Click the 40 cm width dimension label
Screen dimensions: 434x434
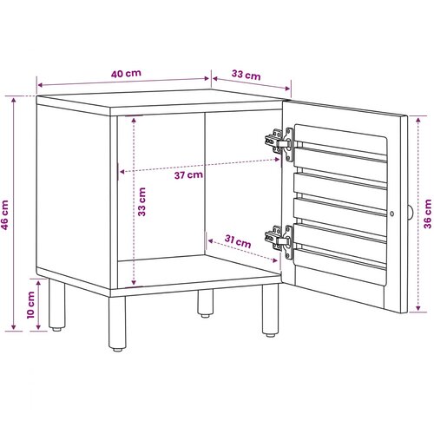pos(126,74)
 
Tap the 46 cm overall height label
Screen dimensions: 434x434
pos(4,215)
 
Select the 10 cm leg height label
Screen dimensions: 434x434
pos(30,305)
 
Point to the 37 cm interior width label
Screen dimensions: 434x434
pos(188,175)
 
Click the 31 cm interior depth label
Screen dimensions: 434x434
pos(238,241)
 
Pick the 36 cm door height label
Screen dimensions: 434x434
pos(427,214)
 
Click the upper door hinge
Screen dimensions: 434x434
pos(279,144)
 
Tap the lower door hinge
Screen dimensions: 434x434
pos(279,241)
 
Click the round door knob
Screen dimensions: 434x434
pos(411,214)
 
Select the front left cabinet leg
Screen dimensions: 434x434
pos(117,324)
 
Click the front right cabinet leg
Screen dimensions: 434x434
pos(270,310)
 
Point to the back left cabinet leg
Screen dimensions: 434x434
pos(56,305)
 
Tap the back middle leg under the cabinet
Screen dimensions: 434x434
pos(206,303)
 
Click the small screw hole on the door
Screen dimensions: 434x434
pos(391,214)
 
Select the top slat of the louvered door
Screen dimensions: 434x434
pos(340,164)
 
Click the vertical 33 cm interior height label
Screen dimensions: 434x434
pos(141,201)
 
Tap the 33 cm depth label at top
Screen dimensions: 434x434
pos(247,75)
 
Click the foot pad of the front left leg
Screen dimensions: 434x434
pos(117,350)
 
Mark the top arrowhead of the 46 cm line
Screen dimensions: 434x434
pos(14,101)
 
